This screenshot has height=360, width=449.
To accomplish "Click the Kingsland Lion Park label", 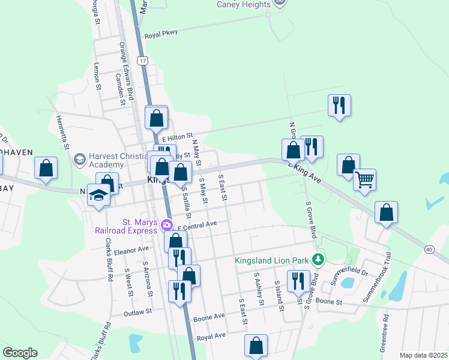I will click(x=274, y=261).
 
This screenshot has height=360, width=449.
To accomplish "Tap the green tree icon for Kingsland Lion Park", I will click(x=321, y=260).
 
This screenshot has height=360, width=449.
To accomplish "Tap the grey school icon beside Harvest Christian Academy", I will click(x=79, y=160).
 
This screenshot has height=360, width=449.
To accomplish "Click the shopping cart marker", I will click(x=365, y=179).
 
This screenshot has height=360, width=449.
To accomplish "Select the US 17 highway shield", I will click(x=142, y=61).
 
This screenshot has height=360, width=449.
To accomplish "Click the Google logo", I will click(x=20, y=353).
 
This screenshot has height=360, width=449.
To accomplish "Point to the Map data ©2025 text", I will click(x=423, y=355).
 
